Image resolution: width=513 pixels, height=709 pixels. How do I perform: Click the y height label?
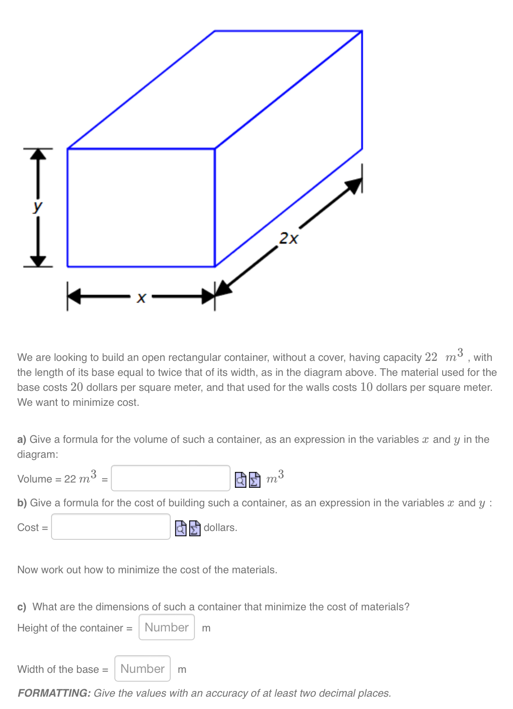(x=38, y=206)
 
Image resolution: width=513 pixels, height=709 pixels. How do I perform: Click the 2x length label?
(x=289, y=238)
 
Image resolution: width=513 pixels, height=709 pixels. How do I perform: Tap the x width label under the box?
(x=141, y=298)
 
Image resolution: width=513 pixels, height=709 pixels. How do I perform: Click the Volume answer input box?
(x=170, y=478)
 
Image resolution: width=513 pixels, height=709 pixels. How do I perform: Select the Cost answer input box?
(x=110, y=527)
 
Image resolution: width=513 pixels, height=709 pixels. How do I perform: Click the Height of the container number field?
(x=166, y=627)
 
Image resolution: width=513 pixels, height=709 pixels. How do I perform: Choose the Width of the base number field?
(x=143, y=668)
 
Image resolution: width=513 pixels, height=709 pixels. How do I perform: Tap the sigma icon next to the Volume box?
(x=255, y=479)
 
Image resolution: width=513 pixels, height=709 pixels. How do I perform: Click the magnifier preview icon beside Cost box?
(x=181, y=528)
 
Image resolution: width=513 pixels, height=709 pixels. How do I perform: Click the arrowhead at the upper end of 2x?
(x=354, y=186)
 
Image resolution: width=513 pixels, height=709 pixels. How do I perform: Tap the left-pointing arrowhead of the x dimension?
(x=75, y=297)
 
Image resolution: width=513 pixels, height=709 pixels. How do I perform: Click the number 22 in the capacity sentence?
(x=431, y=357)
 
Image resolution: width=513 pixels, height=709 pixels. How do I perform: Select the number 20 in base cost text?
(x=77, y=387)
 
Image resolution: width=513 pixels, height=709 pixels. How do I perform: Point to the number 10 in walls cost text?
(x=366, y=387)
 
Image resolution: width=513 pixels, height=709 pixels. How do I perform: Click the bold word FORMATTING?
(x=54, y=693)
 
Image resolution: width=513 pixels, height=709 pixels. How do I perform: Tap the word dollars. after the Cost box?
(x=220, y=527)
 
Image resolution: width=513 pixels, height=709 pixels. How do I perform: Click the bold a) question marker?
(x=22, y=440)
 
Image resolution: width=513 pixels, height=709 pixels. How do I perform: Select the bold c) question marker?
(x=22, y=607)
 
